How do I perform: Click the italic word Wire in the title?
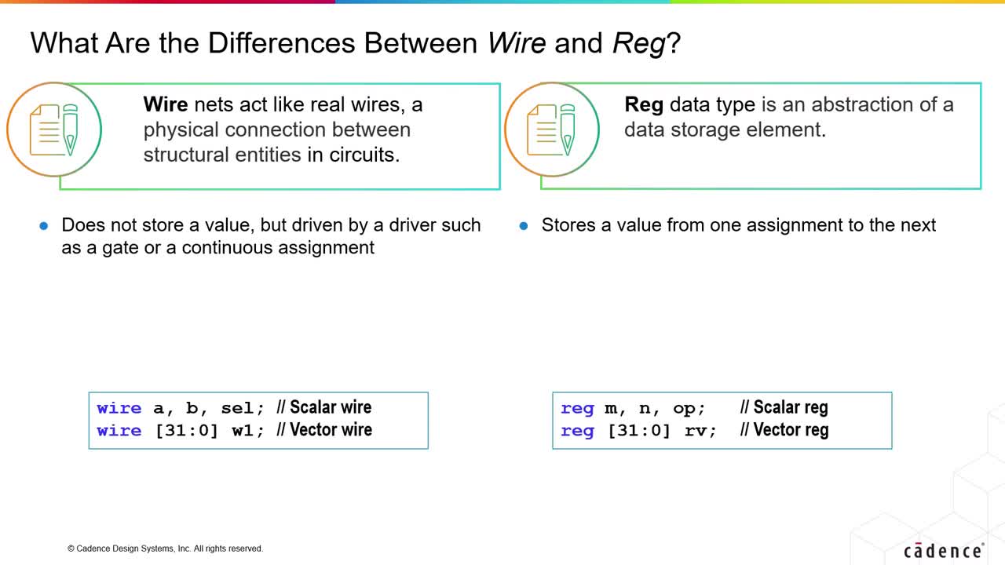point(517,43)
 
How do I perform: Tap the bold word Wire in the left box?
point(166,104)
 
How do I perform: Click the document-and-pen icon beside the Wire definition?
point(54,129)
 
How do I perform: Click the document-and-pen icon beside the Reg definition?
point(551,129)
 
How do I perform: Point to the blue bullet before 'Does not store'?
point(43,225)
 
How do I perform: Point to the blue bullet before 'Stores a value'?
point(523,225)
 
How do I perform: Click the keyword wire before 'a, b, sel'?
point(119,408)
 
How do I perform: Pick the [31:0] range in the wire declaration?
point(186,431)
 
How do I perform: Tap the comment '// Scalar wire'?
point(324,407)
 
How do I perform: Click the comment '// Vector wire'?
point(324,429)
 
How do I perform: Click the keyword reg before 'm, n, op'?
point(577,409)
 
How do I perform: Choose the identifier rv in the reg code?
point(696,431)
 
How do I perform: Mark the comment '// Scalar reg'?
point(784,407)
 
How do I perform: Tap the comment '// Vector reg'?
point(784,429)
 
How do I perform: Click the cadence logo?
point(944,551)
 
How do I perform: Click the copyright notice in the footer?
point(165,549)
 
